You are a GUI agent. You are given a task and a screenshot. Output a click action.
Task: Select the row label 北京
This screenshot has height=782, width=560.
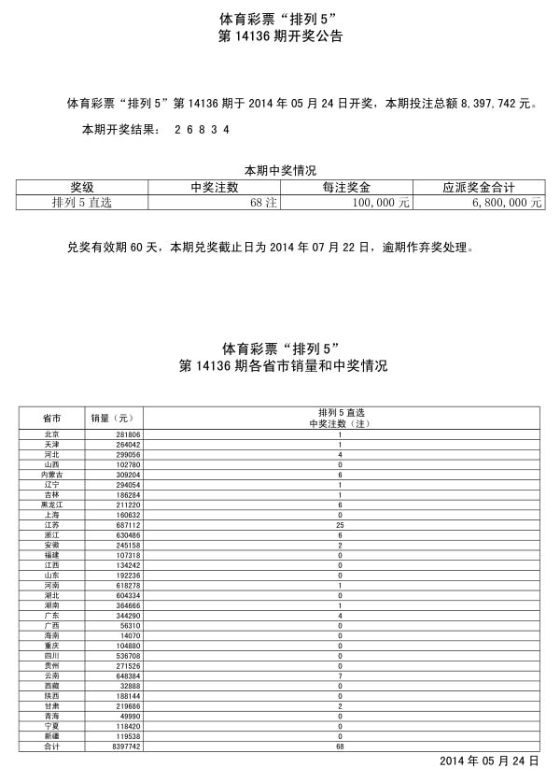pyautogui.click(x=52, y=435)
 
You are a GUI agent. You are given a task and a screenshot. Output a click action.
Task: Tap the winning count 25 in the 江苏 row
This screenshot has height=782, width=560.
pyautogui.click(x=341, y=525)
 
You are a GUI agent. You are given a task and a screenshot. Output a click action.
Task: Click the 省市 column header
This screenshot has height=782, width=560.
pyautogui.click(x=52, y=417)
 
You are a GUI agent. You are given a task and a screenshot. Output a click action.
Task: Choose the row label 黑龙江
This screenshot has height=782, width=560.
pyautogui.click(x=52, y=505)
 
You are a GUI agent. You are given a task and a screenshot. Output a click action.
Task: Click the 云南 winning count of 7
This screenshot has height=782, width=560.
pyautogui.click(x=341, y=675)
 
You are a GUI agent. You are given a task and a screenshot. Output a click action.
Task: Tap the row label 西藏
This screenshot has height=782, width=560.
pyautogui.click(x=52, y=686)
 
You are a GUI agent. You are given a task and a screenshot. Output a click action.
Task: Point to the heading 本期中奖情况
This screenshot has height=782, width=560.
pyautogui.click(x=280, y=170)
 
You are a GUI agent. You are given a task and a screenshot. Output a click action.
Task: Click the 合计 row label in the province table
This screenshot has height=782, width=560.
pyautogui.click(x=52, y=747)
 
